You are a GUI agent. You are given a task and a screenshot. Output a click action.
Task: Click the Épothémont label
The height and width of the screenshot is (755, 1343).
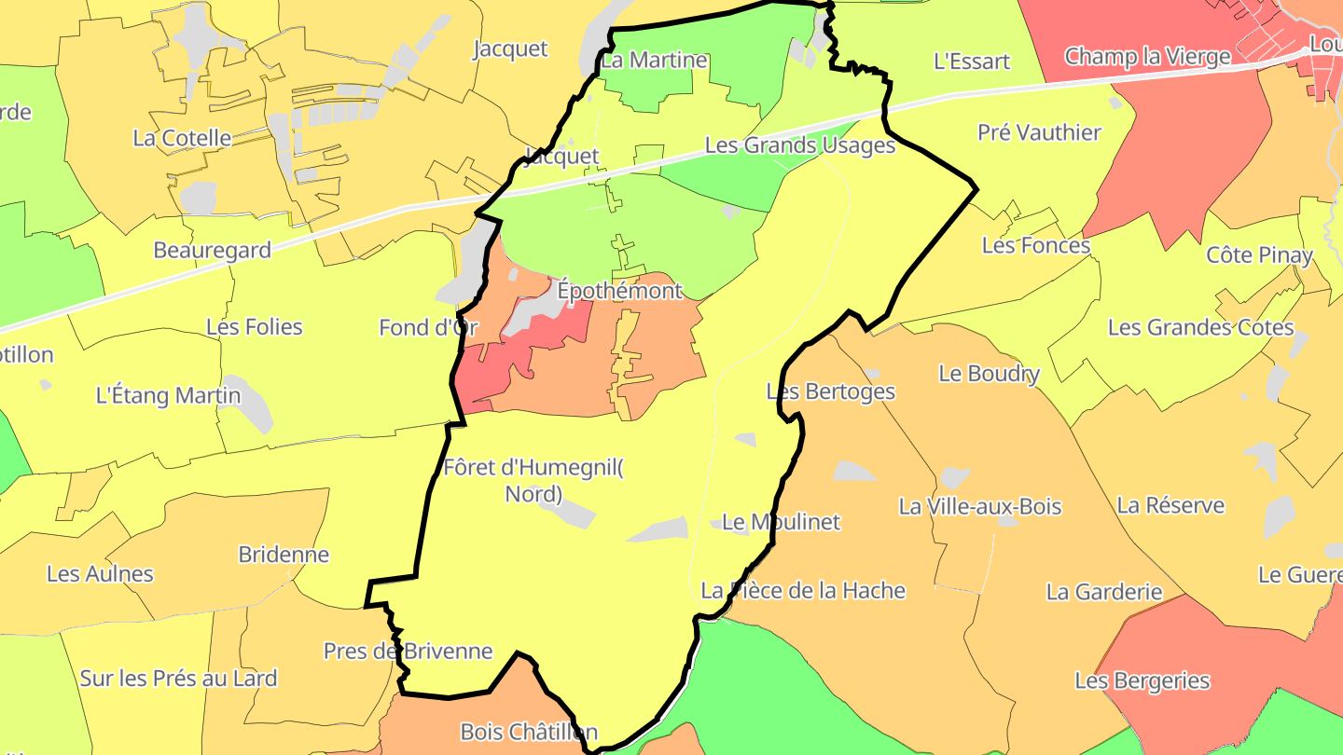click(620, 291)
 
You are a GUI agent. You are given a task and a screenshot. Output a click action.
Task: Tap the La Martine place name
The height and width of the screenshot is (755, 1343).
click(653, 61)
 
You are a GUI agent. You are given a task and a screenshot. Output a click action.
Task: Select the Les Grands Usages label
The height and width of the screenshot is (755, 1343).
click(799, 145)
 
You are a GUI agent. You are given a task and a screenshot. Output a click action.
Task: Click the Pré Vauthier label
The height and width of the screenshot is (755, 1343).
click(1039, 133)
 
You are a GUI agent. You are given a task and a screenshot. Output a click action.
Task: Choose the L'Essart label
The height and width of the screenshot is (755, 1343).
click(972, 62)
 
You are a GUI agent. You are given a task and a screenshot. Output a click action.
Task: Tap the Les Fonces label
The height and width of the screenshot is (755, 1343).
click(1035, 245)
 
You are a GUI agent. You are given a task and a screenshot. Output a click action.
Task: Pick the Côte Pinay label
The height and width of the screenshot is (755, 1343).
click(1259, 254)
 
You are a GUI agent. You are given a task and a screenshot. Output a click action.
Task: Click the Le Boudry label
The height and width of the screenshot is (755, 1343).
click(989, 374)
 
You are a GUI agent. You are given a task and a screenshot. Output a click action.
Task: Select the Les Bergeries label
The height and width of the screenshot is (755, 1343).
click(1142, 681)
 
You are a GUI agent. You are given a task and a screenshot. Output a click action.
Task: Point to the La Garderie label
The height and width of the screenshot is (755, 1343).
click(1104, 592)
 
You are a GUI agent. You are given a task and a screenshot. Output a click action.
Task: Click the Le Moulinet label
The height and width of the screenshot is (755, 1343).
click(781, 522)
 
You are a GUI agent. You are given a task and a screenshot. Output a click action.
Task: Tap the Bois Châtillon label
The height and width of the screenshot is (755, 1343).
click(529, 732)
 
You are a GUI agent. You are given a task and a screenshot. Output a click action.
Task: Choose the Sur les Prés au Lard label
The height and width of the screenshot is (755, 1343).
click(178, 679)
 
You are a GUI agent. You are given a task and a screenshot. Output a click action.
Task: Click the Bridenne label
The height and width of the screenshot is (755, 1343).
click(284, 555)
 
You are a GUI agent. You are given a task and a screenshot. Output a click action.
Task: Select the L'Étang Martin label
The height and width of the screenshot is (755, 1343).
click(168, 395)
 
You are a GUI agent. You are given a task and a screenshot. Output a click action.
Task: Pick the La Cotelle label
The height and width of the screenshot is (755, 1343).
click(182, 138)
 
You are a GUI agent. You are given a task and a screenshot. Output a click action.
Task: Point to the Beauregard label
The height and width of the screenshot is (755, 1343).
click(212, 250)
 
